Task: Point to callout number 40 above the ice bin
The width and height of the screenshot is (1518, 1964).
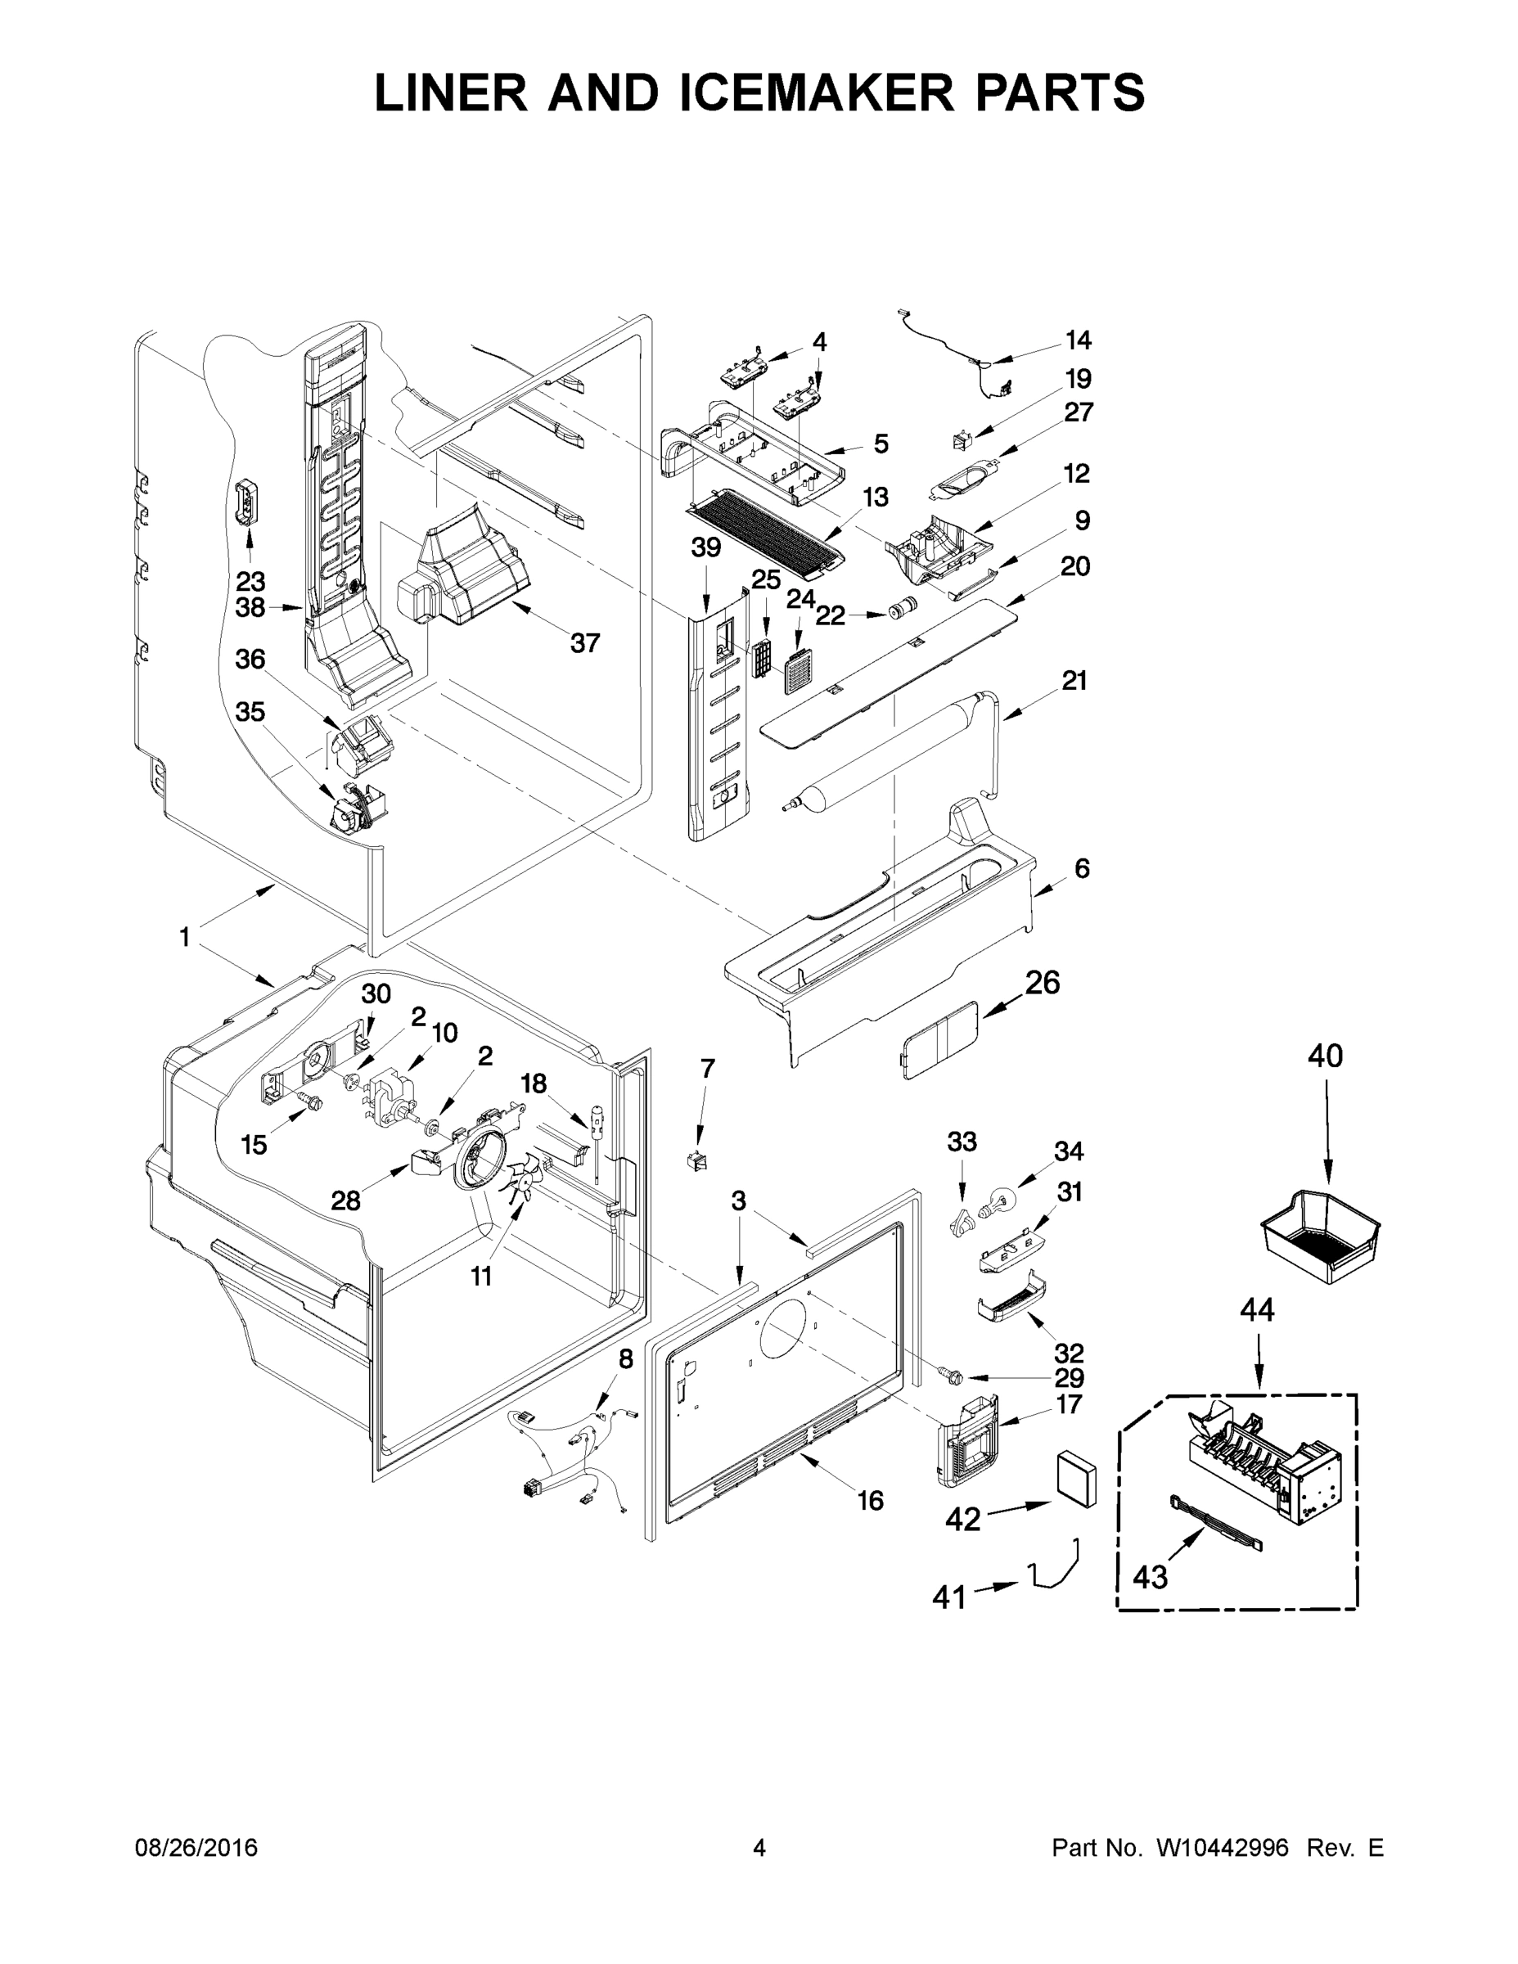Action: pyautogui.click(x=1325, y=1055)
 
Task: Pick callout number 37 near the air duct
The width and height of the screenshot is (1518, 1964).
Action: pyautogui.click(x=584, y=643)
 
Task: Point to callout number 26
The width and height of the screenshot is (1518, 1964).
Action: pyautogui.click(x=1042, y=982)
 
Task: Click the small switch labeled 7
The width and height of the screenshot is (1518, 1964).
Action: pyautogui.click(x=696, y=1161)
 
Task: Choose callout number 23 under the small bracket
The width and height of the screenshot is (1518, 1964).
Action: pyautogui.click(x=250, y=580)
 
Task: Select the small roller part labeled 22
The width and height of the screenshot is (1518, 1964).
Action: pyautogui.click(x=899, y=610)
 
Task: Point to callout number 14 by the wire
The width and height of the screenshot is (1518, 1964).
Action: pyautogui.click(x=1078, y=340)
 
